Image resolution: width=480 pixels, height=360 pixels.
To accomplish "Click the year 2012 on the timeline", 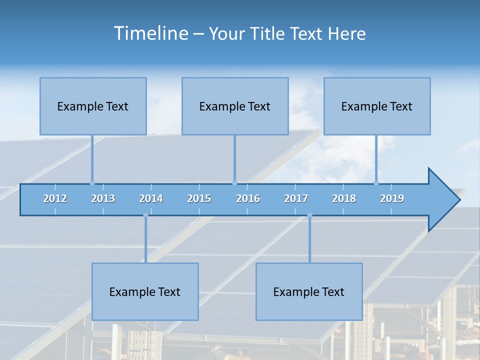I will pyautogui.click(x=55, y=198).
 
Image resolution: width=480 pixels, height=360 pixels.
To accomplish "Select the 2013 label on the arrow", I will pyautogui.click(x=103, y=198).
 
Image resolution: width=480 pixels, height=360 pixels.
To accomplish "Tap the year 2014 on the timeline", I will pyautogui.click(x=151, y=198).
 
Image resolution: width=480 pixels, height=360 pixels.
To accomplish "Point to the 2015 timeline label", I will pyautogui.click(x=199, y=198).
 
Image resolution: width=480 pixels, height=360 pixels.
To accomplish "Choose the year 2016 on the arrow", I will pyautogui.click(x=248, y=198).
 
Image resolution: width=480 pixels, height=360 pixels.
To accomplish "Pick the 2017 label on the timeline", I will pyautogui.click(x=296, y=198).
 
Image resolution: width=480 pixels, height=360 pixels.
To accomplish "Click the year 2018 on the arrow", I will pyautogui.click(x=344, y=198).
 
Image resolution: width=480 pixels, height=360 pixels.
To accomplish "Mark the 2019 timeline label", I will pyautogui.click(x=392, y=198).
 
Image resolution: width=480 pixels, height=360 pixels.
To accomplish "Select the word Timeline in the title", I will pyautogui.click(x=151, y=33).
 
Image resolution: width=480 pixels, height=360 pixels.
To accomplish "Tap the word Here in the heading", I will pyautogui.click(x=346, y=33).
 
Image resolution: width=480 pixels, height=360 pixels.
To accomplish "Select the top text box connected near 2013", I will pyautogui.click(x=93, y=106).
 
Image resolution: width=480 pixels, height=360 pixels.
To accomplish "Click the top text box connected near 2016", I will pyautogui.click(x=235, y=106).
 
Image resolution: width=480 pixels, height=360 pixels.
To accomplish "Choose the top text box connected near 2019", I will pyautogui.click(x=377, y=106).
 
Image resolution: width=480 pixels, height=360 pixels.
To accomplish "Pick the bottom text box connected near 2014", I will pyautogui.click(x=145, y=291).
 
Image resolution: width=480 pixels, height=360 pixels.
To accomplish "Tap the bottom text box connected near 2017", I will pyautogui.click(x=309, y=291).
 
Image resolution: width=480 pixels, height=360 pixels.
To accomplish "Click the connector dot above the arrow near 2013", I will pyautogui.click(x=92, y=183).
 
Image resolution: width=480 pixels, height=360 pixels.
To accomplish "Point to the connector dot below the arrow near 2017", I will pyautogui.click(x=309, y=215).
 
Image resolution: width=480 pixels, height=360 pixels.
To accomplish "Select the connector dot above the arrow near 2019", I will pyautogui.click(x=376, y=183).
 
